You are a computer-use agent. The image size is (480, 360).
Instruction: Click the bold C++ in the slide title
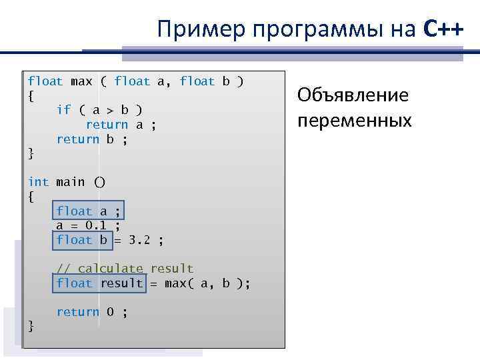(x=443, y=29)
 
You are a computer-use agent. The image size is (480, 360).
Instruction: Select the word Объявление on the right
(x=353, y=95)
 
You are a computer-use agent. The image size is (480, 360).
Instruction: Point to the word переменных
(x=355, y=121)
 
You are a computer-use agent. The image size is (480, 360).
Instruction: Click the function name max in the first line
(x=81, y=81)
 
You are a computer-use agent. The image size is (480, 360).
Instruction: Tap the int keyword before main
(x=38, y=182)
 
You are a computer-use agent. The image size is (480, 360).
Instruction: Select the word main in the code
(x=70, y=182)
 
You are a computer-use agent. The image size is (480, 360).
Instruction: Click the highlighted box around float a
(x=89, y=211)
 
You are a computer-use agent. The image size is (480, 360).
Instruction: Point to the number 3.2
(x=139, y=240)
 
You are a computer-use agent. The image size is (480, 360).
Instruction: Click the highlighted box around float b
(x=81, y=240)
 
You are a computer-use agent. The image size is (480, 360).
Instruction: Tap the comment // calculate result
(x=125, y=269)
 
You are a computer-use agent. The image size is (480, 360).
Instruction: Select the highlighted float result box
(x=99, y=283)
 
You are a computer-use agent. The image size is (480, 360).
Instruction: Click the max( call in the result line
(x=178, y=283)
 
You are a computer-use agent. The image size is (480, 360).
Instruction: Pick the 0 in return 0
(x=110, y=312)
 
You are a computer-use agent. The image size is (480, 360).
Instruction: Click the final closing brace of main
(x=31, y=326)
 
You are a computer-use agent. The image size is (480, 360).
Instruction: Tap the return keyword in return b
(x=77, y=139)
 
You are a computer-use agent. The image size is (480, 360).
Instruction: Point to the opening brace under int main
(x=31, y=197)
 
